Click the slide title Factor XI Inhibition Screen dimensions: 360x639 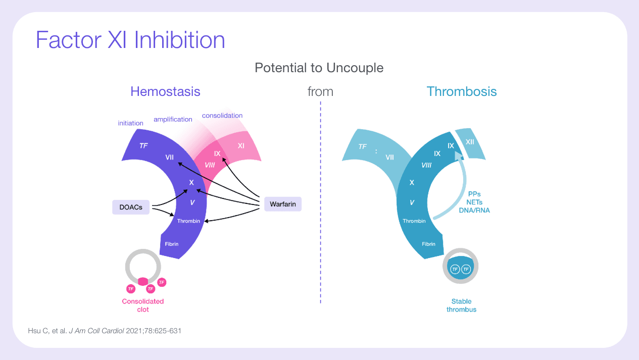click(x=130, y=40)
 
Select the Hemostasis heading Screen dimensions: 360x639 click(x=165, y=91)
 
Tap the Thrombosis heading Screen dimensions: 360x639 click(x=461, y=91)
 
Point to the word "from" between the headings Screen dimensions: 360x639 click(x=320, y=92)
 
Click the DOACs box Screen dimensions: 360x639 click(x=131, y=207)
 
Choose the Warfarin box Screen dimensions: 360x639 click(x=282, y=204)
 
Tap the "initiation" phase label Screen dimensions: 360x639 click(x=130, y=123)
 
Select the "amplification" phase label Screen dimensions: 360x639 click(x=173, y=120)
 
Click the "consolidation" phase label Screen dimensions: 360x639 click(x=222, y=116)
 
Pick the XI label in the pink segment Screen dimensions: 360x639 click(x=241, y=146)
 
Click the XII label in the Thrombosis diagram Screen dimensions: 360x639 click(x=470, y=142)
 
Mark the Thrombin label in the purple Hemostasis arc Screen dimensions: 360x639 click(x=188, y=221)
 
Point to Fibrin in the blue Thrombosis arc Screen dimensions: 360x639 click(x=428, y=244)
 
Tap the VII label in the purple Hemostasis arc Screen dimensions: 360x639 click(x=170, y=158)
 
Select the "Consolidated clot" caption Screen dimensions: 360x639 click(x=143, y=305)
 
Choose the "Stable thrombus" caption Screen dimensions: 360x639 click(x=461, y=305)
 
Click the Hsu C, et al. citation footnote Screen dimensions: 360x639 click(x=105, y=331)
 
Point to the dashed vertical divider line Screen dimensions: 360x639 click(x=321, y=202)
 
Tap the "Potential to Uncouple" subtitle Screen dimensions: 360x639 click(x=319, y=68)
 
